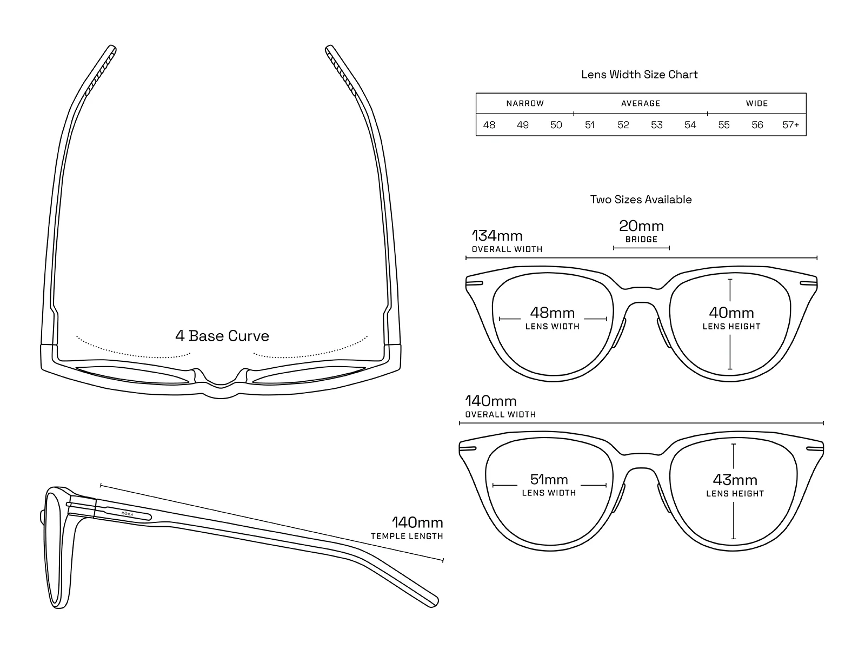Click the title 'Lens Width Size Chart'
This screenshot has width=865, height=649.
(639, 75)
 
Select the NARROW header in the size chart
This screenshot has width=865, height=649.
(525, 104)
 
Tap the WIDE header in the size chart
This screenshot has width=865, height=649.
(757, 104)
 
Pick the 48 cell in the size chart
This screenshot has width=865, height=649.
(489, 125)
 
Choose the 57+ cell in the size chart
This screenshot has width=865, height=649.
(790, 125)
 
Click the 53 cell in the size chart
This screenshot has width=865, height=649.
(656, 125)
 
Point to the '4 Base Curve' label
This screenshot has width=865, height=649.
(222, 336)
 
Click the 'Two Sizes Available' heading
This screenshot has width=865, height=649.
(641, 200)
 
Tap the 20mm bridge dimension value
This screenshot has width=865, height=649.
(641, 226)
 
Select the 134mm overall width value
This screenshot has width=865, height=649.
(497, 236)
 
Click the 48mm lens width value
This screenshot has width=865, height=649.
(552, 313)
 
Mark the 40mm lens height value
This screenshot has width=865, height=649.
(731, 313)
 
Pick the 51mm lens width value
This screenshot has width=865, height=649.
(549, 480)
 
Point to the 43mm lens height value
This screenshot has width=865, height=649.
(735, 480)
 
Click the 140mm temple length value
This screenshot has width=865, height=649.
(417, 522)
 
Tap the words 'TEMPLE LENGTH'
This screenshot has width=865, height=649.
(407, 537)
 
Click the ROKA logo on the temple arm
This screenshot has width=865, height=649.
(127, 514)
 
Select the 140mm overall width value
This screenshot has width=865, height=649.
(491, 401)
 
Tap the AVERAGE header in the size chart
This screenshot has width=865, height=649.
(641, 104)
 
